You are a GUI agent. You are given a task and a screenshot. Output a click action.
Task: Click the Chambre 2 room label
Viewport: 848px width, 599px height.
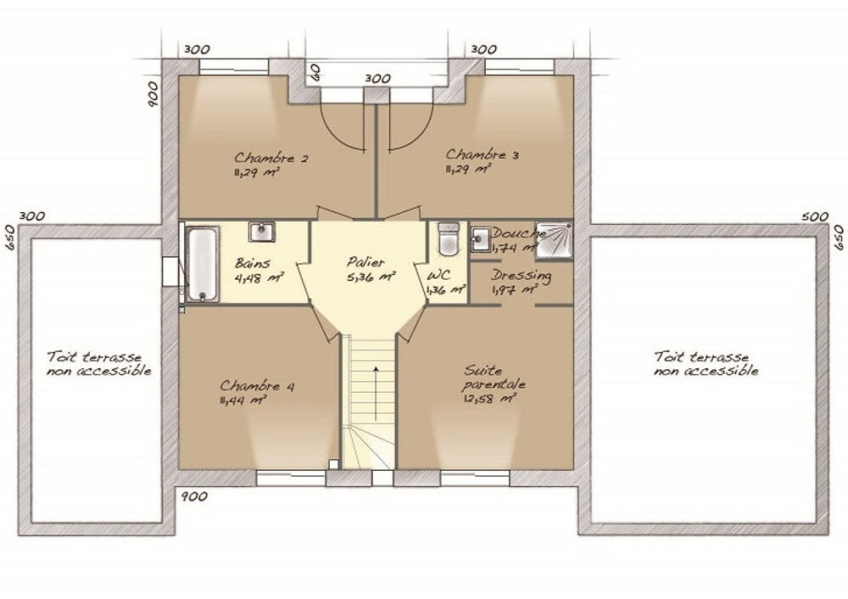point(265,158)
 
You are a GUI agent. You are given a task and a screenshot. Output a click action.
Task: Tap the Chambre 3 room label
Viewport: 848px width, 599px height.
point(482,154)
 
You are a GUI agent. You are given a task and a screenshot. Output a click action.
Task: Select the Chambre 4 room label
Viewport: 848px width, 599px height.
point(257,386)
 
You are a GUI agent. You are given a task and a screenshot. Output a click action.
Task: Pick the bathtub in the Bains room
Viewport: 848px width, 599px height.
point(202,262)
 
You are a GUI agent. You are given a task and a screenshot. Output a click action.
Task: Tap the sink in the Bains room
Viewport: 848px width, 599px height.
point(261,231)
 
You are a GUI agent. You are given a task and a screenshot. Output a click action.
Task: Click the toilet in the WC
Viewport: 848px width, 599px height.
point(447,239)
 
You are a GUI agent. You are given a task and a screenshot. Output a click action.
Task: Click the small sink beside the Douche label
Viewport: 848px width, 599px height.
point(481,236)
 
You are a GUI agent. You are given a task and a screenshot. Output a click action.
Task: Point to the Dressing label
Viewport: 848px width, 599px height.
point(522,276)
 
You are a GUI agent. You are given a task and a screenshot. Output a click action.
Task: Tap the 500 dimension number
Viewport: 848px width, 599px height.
point(814,217)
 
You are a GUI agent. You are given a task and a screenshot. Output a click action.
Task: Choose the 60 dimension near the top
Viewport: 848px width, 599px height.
point(313,71)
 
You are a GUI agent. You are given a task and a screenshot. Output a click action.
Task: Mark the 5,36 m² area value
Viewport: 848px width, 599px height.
point(371,277)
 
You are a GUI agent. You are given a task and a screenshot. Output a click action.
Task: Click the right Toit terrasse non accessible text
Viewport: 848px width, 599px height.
point(706,364)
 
